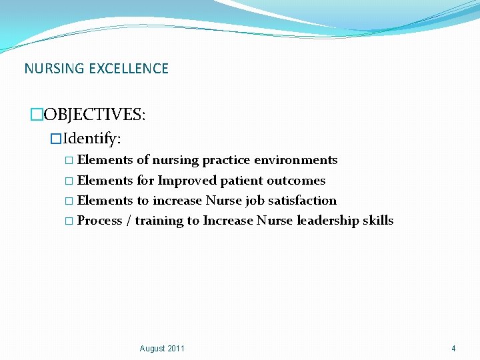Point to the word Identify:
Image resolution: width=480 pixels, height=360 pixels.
click(x=92, y=139)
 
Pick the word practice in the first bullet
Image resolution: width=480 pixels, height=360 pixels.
click(x=225, y=160)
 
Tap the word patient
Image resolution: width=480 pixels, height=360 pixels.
click(x=241, y=181)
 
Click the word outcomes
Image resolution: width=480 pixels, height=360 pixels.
click(x=296, y=181)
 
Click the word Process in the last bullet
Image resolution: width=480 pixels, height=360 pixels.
click(x=99, y=221)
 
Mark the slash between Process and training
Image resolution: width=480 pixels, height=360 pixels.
click(x=128, y=221)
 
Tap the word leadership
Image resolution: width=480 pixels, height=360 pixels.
click(x=327, y=221)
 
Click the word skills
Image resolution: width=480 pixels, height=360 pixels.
click(x=378, y=221)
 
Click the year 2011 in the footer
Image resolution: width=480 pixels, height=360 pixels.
click(x=176, y=349)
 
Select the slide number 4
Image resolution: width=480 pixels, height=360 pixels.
click(x=453, y=349)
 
